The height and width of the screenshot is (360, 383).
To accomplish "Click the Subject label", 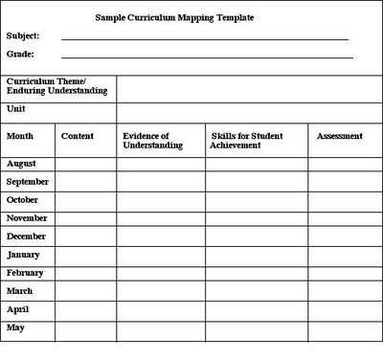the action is (x=23, y=36).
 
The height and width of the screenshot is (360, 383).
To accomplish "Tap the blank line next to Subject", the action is (x=205, y=38).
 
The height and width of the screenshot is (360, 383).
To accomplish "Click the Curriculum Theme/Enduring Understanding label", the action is (x=57, y=87).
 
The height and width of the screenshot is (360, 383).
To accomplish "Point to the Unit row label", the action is (x=16, y=109).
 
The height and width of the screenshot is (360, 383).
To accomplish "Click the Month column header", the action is (x=20, y=136).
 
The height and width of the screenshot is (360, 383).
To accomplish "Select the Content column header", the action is (x=77, y=136).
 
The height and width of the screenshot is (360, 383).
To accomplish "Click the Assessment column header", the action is (x=339, y=136).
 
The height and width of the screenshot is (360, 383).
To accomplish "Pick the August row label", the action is (x=22, y=164).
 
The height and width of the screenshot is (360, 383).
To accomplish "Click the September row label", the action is (x=28, y=182).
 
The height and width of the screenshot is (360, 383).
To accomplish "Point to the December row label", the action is (x=27, y=236).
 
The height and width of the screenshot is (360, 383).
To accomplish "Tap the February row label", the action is (x=25, y=272).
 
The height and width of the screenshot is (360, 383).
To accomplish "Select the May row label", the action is (x=16, y=327).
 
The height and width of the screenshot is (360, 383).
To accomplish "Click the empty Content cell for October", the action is (x=85, y=200).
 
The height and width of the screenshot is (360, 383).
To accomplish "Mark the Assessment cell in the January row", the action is (x=342, y=255).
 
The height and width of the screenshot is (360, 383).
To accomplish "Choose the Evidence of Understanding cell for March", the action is (x=161, y=291).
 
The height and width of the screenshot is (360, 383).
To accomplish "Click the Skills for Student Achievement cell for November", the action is (x=257, y=218).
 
